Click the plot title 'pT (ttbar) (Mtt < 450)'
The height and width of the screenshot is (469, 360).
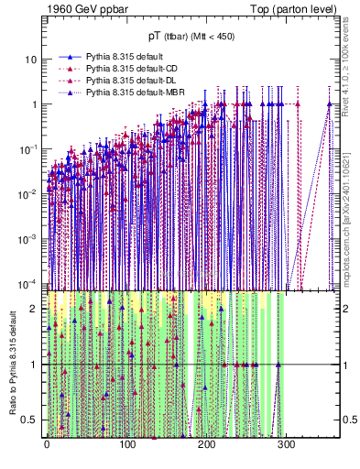191,38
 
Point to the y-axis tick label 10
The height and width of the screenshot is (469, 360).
29,60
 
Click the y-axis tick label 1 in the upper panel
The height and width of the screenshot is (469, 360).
33,104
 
